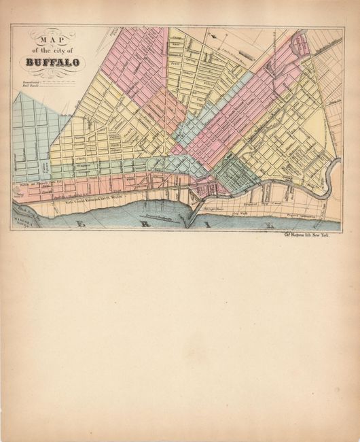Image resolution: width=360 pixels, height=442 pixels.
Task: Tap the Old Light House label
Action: [x=216, y=207]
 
